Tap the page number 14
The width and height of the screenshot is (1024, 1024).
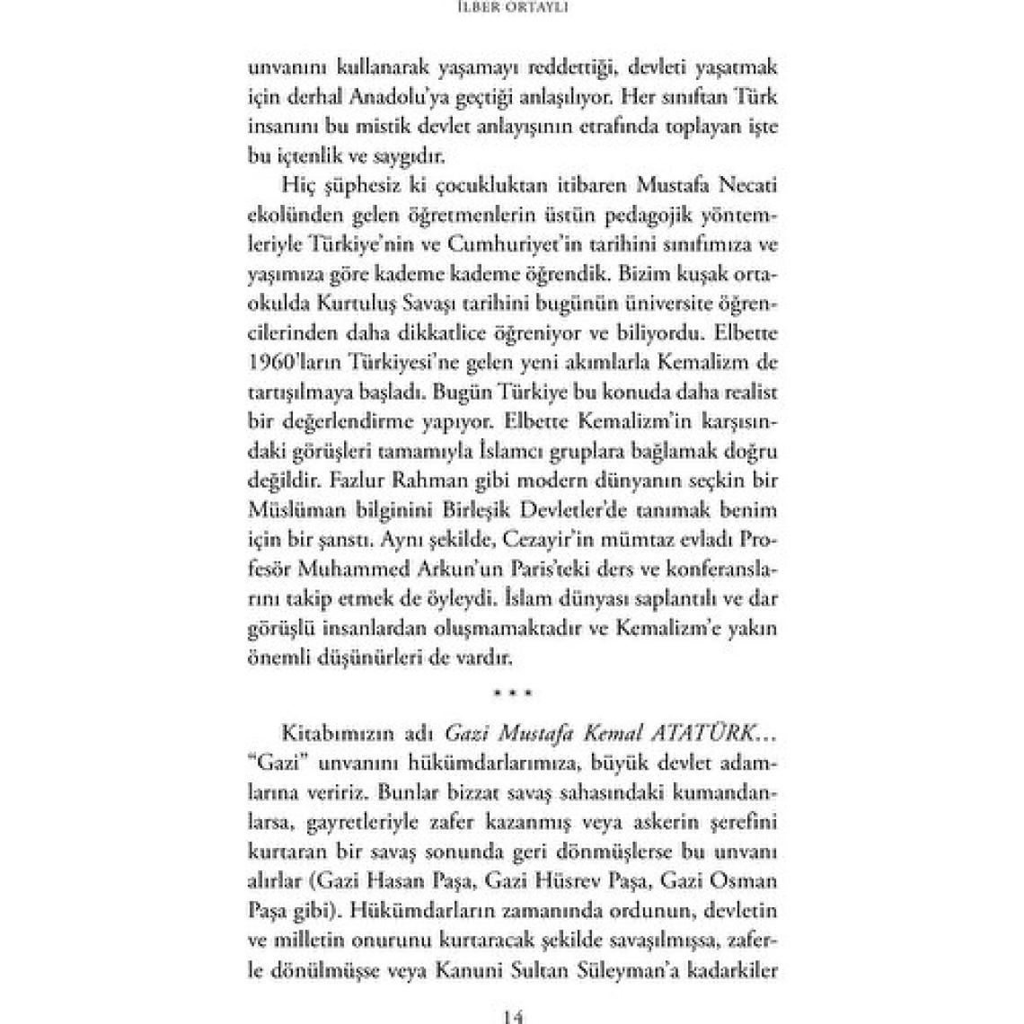[x=512, y=1017]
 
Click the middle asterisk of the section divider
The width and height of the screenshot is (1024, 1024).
[x=512, y=693]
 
